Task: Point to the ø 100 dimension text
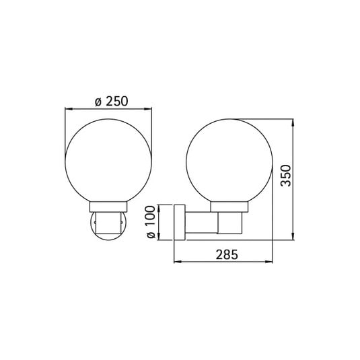click(151, 223)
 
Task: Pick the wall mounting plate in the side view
click(178, 223)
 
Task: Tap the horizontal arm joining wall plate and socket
click(200, 224)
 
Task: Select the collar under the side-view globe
click(229, 207)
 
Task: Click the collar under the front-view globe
click(108, 207)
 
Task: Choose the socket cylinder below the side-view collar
click(229, 224)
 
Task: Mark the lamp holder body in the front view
click(108, 224)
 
